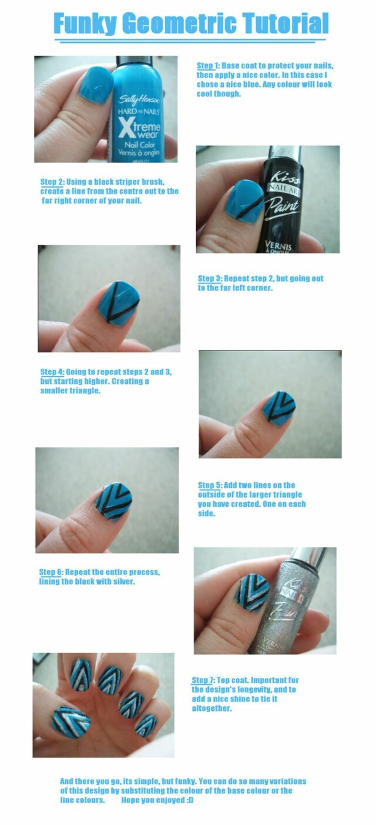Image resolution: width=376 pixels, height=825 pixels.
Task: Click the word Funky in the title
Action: [x=85, y=24]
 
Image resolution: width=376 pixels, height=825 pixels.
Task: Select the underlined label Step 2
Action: [x=52, y=182]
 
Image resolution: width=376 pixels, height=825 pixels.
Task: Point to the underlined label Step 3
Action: [x=210, y=279]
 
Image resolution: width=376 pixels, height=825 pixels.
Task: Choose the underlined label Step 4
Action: [x=52, y=372]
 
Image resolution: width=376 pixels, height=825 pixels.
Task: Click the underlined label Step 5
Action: [x=210, y=486]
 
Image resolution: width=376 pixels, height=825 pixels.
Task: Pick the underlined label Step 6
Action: [x=51, y=572]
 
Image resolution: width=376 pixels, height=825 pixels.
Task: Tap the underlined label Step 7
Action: [x=203, y=680]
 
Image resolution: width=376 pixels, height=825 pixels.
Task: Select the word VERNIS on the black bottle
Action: [x=278, y=246]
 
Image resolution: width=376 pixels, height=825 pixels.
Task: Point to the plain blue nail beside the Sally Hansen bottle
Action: [x=96, y=86]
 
